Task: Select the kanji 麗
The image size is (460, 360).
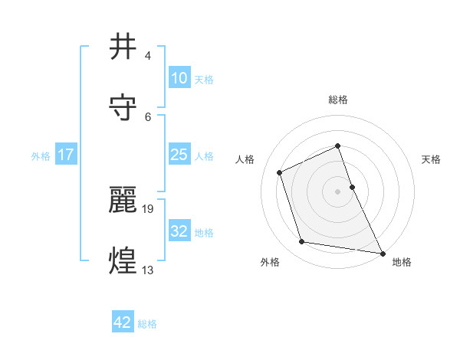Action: click(123, 200)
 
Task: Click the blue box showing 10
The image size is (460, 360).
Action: click(179, 78)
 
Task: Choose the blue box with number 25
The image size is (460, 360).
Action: click(179, 155)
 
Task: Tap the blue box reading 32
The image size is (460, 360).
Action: click(179, 231)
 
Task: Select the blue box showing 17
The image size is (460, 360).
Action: click(66, 155)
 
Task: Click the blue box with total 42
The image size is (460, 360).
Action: click(123, 322)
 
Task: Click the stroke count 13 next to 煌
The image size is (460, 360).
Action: click(149, 270)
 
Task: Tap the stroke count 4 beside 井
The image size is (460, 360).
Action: click(147, 55)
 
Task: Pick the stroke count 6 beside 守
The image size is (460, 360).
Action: click(147, 116)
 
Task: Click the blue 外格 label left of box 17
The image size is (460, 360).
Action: click(41, 155)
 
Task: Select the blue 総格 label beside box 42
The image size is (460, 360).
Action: click(147, 324)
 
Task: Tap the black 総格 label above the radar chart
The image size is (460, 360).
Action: click(338, 100)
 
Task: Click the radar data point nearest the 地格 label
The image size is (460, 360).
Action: click(382, 253)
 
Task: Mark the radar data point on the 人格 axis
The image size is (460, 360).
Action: click(280, 172)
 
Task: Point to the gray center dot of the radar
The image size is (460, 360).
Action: click(338, 191)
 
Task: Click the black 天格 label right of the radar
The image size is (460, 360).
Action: click(432, 159)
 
